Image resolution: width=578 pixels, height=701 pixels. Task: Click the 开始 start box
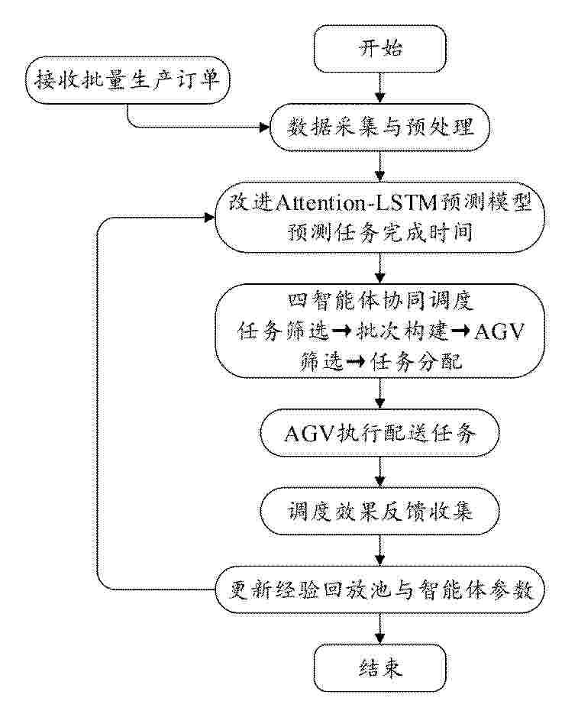[x=380, y=49]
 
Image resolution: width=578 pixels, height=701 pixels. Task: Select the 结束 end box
[x=380, y=668]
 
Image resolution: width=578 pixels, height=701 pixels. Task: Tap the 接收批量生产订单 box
[x=128, y=80]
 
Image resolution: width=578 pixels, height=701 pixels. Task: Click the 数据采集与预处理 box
[x=380, y=128]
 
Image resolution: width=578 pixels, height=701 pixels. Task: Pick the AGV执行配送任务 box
[x=380, y=433]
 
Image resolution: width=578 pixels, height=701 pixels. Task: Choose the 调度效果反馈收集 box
[x=380, y=511]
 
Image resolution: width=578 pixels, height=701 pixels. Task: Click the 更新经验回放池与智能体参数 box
[x=380, y=590]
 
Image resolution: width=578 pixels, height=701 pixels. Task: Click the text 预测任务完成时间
[x=380, y=232]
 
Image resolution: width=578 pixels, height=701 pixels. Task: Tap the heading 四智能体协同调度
[x=380, y=300]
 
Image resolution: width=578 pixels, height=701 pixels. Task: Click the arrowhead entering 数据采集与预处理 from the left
[x=265, y=128]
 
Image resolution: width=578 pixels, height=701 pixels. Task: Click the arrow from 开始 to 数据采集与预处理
[x=380, y=88]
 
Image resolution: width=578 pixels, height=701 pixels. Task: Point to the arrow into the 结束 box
[x=380, y=629]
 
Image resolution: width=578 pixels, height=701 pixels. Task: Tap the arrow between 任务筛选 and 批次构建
[x=342, y=331]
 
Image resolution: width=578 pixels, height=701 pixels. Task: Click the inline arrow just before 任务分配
[x=356, y=362]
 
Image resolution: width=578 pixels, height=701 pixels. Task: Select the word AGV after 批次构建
[x=499, y=331]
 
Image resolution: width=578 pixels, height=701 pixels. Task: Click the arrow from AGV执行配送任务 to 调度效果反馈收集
[x=380, y=472]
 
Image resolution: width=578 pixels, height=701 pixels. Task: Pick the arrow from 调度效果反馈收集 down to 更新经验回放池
[x=380, y=551]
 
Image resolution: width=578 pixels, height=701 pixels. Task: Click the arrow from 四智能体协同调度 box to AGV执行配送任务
[x=380, y=393]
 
